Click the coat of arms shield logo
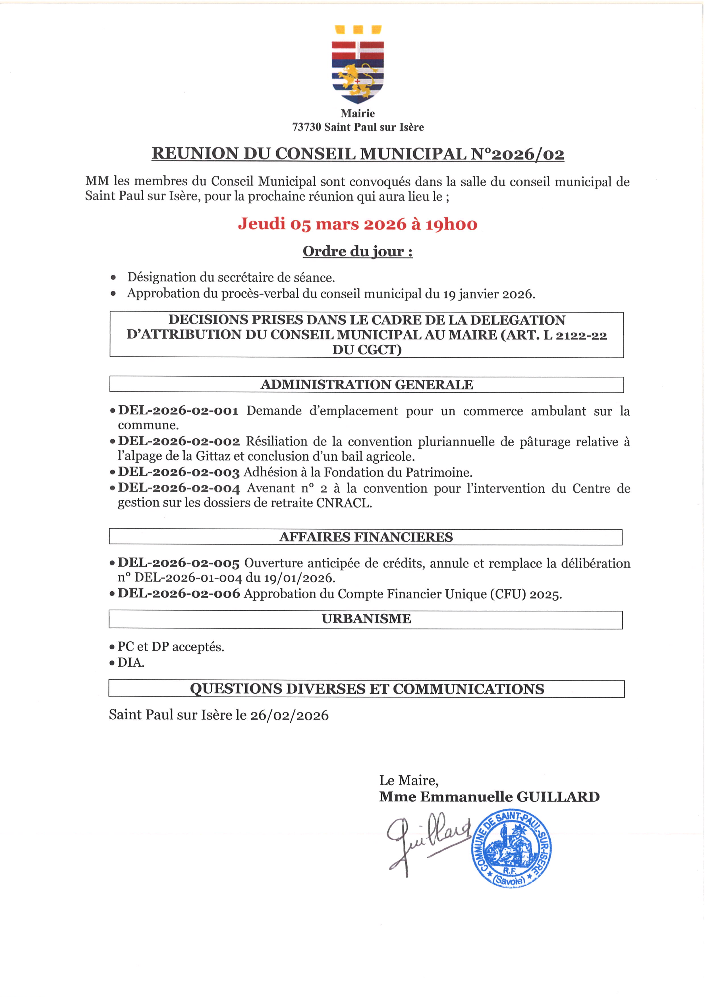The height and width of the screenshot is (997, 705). tap(358, 65)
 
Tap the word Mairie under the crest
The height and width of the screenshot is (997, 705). tap(358, 113)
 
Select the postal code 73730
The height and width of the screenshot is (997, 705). tap(306, 127)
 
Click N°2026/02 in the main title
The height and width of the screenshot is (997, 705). tap(517, 154)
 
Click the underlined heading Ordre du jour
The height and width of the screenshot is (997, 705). tap(357, 251)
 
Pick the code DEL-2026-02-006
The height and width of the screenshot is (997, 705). tap(179, 594)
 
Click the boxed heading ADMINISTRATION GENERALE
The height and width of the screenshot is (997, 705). tap(366, 385)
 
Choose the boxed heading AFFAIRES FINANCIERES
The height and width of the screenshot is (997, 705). tap(366, 537)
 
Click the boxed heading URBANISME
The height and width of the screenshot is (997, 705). tap(366, 619)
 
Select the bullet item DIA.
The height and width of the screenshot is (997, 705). tap(131, 663)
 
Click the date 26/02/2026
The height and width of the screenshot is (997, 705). tap(289, 716)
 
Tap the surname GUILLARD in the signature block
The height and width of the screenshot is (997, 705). tap(557, 797)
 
